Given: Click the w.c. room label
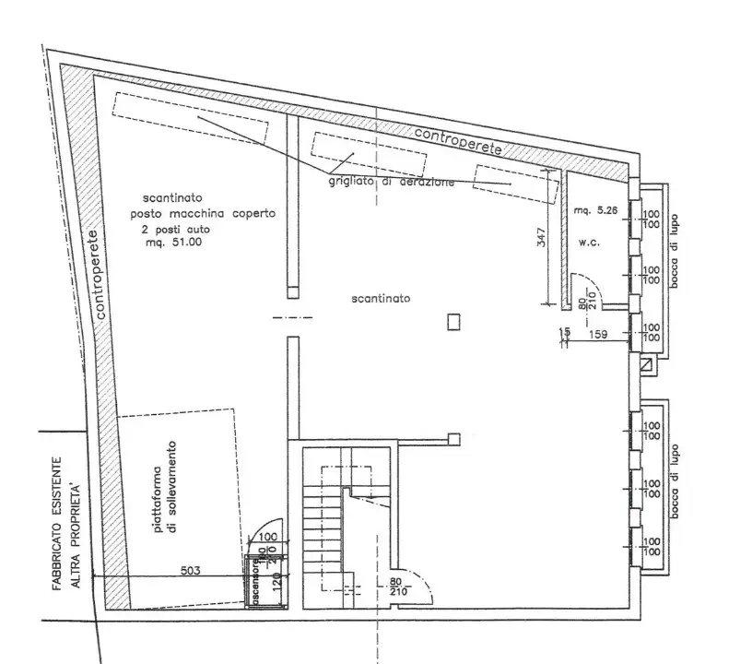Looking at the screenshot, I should (589, 243).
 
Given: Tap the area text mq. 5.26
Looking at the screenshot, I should (593, 210).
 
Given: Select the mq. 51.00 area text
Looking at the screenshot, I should (173, 242).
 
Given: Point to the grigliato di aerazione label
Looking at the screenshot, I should (391, 182).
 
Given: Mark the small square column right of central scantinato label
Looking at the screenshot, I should (452, 322).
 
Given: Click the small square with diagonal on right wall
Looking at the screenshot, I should (647, 366).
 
